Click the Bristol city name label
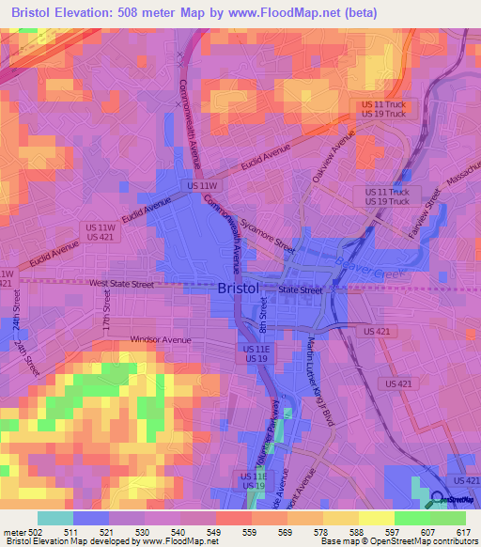(238, 289)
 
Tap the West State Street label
(121, 283)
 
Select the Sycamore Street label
(267, 239)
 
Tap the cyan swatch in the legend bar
(55, 518)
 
